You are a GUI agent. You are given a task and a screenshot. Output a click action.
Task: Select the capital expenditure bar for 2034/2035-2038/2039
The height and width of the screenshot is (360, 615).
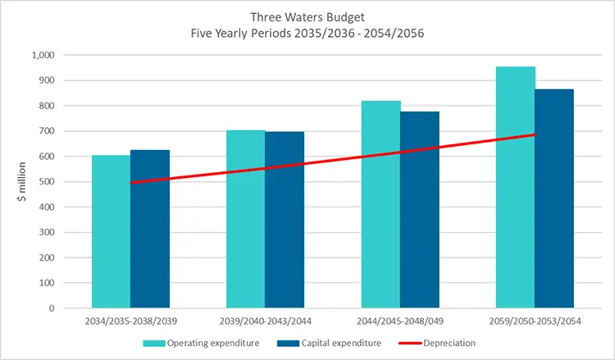(149, 246)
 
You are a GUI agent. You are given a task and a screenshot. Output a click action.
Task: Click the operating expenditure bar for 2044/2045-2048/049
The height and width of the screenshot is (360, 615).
(380, 205)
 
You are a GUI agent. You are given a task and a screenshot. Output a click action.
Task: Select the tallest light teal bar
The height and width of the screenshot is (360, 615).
(515, 188)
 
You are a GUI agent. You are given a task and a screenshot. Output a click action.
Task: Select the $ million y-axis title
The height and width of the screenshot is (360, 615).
(23, 182)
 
